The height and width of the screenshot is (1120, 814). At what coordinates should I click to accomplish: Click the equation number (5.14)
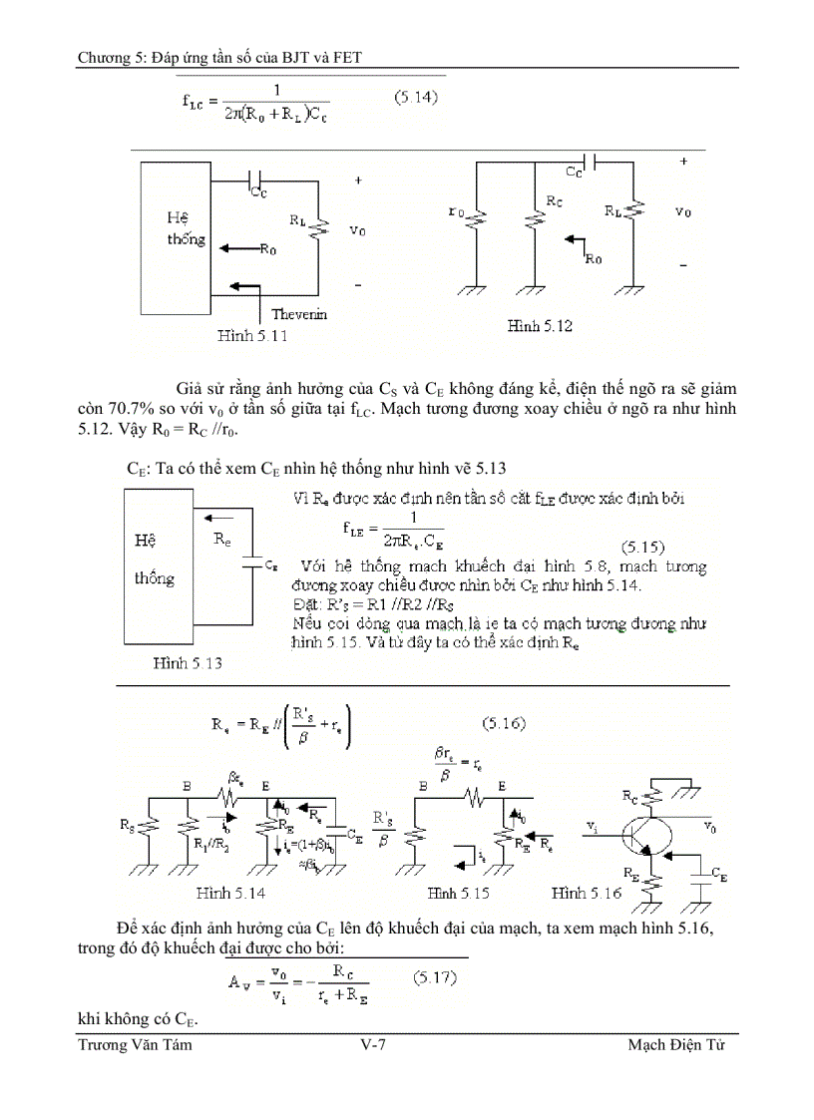pyautogui.click(x=415, y=98)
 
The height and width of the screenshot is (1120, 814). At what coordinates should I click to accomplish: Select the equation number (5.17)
pyautogui.click(x=434, y=978)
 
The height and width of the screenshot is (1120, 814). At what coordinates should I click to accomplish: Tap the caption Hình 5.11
pyautogui.click(x=252, y=336)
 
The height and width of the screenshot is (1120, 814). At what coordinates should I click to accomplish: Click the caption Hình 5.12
pyautogui.click(x=540, y=326)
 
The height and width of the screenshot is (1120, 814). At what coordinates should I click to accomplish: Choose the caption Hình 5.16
pyautogui.click(x=586, y=893)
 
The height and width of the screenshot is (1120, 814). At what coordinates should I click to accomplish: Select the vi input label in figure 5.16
pyautogui.click(x=594, y=827)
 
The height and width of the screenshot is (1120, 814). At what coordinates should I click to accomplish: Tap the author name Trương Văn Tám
pyautogui.click(x=135, y=1045)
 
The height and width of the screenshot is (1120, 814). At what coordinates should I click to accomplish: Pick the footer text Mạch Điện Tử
pyautogui.click(x=675, y=1045)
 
